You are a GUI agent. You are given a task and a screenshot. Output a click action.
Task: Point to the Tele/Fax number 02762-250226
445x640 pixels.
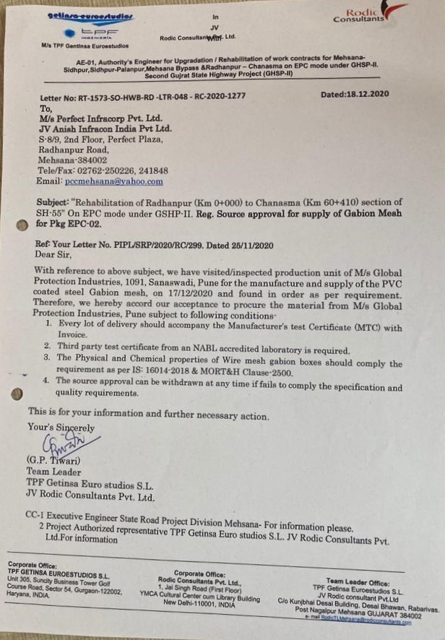106,170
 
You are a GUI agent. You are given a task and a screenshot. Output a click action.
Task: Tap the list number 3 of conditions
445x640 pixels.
46,358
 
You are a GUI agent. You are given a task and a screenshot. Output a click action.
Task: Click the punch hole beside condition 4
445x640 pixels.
18,394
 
